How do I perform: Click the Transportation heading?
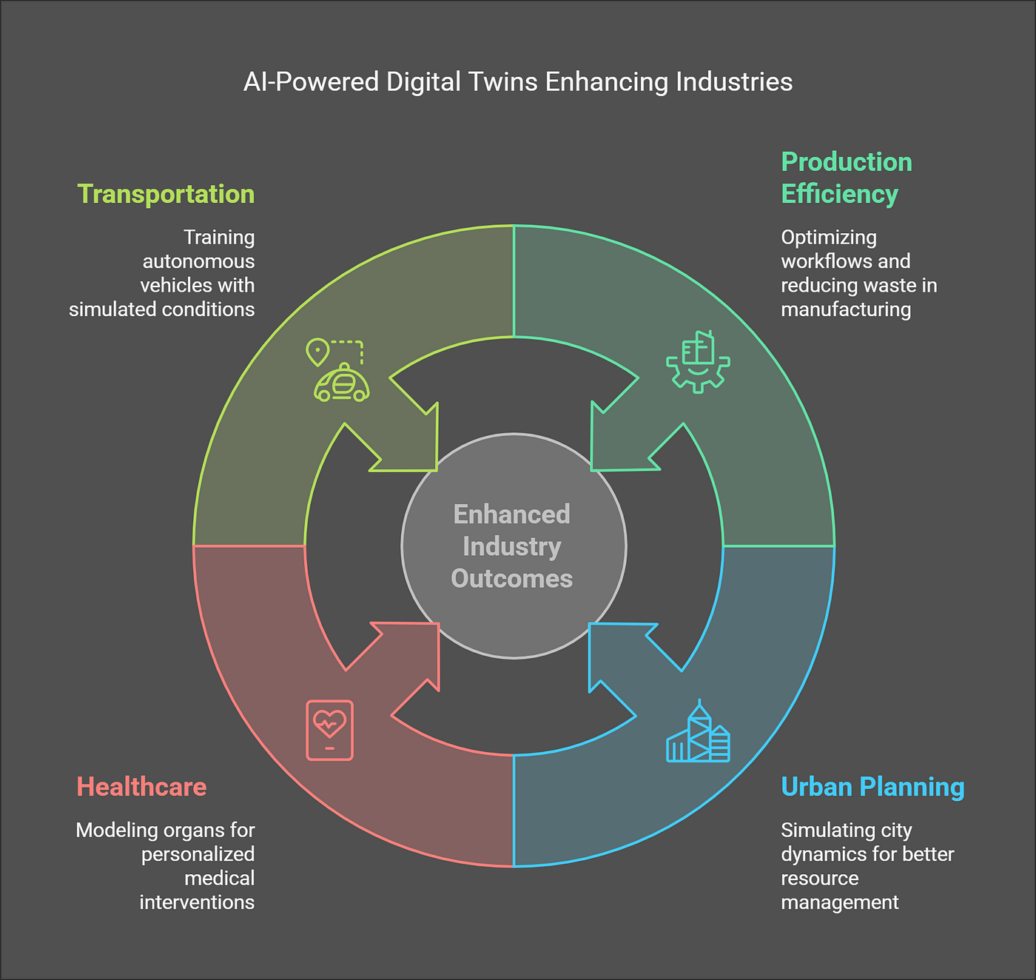[x=166, y=194]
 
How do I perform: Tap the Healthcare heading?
[x=141, y=787]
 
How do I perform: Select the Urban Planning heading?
[x=872, y=787]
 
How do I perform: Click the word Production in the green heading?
[x=847, y=162]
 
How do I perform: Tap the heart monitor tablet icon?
[x=329, y=730]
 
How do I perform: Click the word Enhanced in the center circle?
[x=512, y=514]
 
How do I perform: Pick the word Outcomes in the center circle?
[x=512, y=579]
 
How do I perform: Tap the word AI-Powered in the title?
[x=311, y=81]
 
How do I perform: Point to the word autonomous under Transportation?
[x=198, y=261]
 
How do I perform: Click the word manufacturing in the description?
[x=846, y=309]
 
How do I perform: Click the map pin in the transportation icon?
[x=317, y=352]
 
